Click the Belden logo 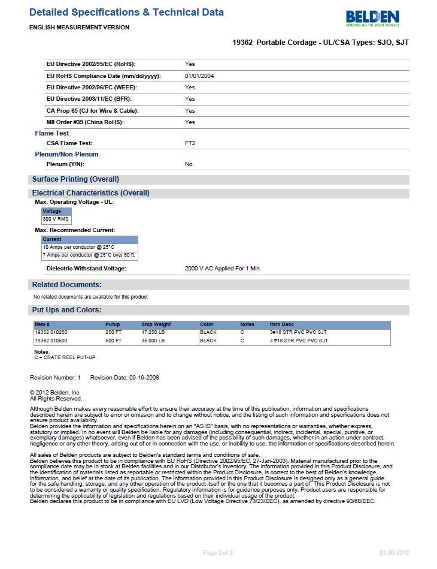[372, 18]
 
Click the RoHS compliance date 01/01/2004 [199, 76]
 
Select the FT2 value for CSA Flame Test [190, 143]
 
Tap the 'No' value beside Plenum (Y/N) [189, 164]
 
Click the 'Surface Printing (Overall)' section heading [75, 179]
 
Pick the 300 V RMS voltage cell [56, 219]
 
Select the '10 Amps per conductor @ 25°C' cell [78, 247]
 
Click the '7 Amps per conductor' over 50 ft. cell [89, 255]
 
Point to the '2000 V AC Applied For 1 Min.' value [223, 269]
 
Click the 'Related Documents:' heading [67, 285]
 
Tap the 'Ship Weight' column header [156, 324]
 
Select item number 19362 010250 [51, 332]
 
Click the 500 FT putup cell [113, 341]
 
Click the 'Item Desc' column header [283, 324]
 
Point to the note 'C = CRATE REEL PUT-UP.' [65, 357]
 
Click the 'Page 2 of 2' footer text [218, 553]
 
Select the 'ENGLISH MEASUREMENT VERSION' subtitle [79, 28]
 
